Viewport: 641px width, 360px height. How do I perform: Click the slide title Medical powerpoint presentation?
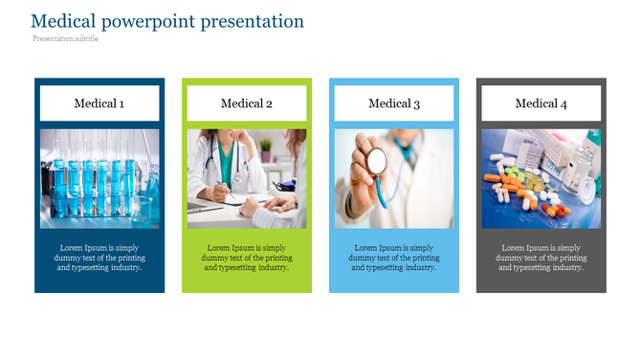pyautogui.click(x=167, y=21)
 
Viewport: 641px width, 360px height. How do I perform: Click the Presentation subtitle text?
pyautogui.click(x=65, y=39)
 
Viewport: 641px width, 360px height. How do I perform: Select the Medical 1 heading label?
pyautogui.click(x=99, y=103)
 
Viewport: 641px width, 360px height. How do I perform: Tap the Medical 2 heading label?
pyautogui.click(x=247, y=103)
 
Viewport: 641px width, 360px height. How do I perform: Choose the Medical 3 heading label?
pyautogui.click(x=394, y=103)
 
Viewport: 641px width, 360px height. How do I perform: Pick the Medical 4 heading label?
pyautogui.click(x=542, y=103)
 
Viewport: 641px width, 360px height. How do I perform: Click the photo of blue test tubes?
pyautogui.click(x=99, y=179)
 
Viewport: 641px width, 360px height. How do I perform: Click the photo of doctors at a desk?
pyautogui.click(x=247, y=179)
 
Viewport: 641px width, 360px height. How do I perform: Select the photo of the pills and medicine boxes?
pyautogui.click(x=542, y=179)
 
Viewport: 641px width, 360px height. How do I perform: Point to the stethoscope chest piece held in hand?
pyautogui.click(x=377, y=160)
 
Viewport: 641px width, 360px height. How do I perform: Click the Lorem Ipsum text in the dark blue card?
pyautogui.click(x=99, y=258)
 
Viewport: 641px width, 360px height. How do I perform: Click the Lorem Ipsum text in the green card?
pyautogui.click(x=247, y=258)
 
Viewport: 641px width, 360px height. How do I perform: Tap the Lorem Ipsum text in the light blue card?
pyautogui.click(x=394, y=258)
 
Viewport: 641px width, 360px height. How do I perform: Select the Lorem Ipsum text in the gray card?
pyautogui.click(x=542, y=258)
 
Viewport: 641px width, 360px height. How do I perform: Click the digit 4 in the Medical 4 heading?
pyautogui.click(x=564, y=103)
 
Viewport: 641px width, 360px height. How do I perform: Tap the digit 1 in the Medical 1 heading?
pyautogui.click(x=122, y=103)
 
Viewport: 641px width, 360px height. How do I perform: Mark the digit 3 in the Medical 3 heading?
pyautogui.click(x=416, y=103)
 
